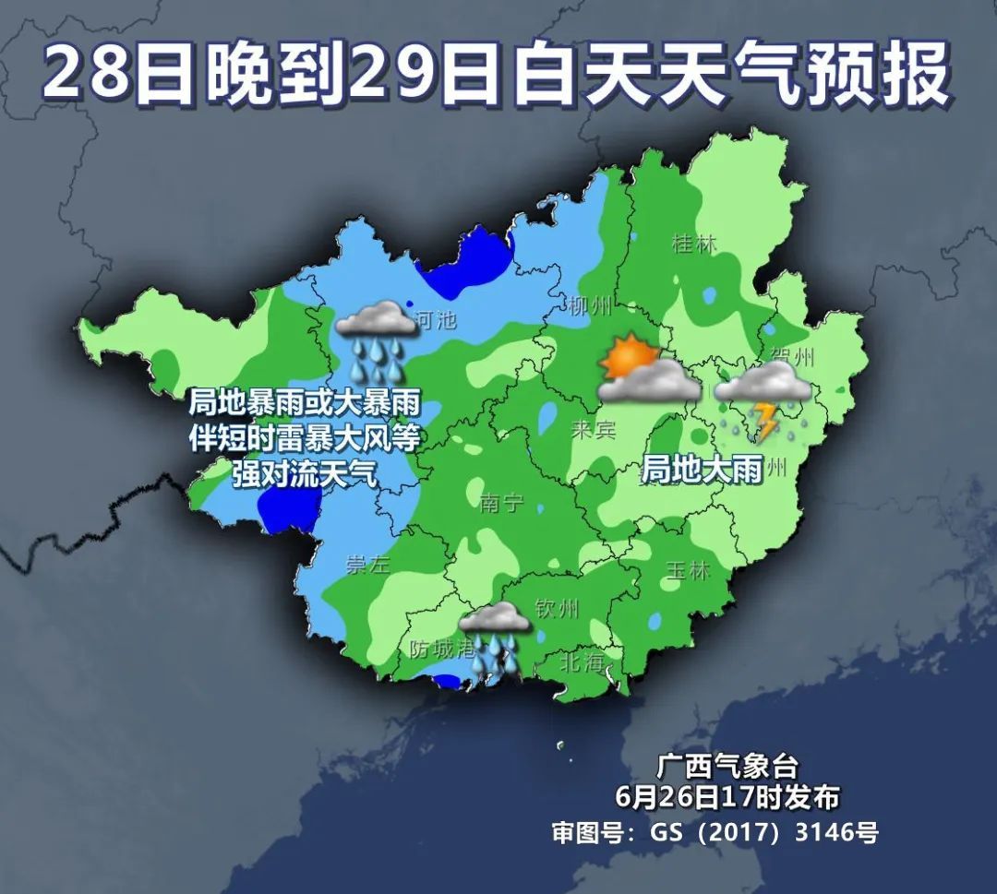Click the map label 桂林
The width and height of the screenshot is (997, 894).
[694, 244]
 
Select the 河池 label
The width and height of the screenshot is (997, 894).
[436, 320]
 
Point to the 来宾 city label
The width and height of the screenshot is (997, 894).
[593, 429]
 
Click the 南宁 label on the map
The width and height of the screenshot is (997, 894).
[501, 502]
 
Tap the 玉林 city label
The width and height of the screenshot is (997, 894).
[687, 570]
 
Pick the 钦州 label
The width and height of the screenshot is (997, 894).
[557, 608]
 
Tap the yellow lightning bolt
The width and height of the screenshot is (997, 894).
[765, 420]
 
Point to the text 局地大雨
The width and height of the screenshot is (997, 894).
[702, 471]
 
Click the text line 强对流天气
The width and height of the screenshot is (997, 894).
[304, 474]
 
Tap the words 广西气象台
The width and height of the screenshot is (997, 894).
[727, 766]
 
